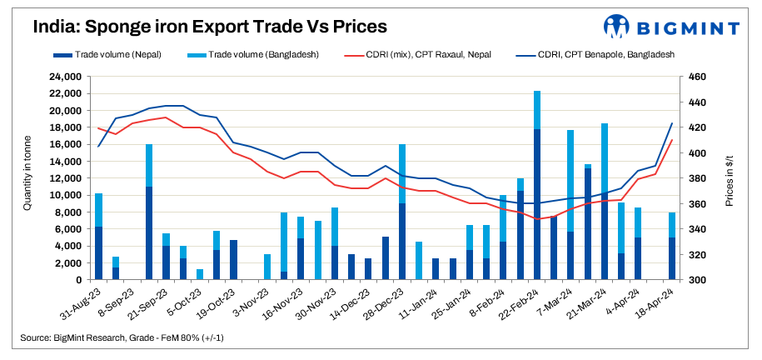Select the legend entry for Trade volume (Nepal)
117,55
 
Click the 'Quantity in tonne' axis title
27,177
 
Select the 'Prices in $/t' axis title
730,177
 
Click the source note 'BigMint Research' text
84,338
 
